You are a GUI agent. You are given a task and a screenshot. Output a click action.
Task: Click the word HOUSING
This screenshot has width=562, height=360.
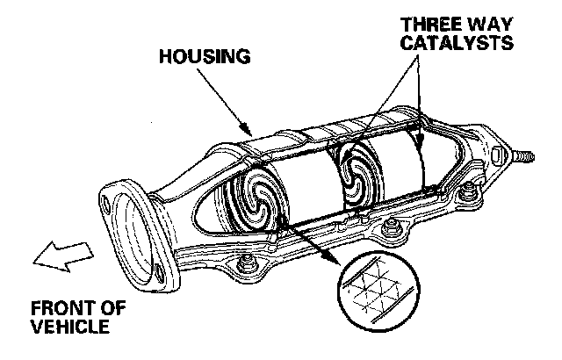pos(205,57)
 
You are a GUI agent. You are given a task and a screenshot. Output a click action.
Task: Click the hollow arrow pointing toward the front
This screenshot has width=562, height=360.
pos(56,256)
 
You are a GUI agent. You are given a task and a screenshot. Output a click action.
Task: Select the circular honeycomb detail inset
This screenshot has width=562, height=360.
pos(376,290)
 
